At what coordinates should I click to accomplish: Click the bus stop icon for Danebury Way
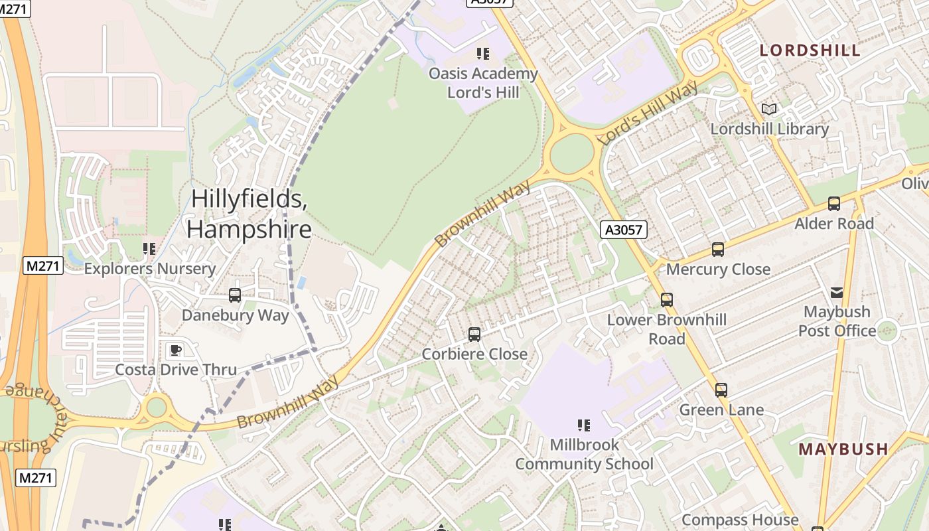coord(234,295)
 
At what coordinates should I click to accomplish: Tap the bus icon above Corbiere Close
coord(474,335)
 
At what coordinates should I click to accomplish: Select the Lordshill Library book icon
coord(769,109)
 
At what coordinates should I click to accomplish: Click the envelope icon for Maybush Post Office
coord(837,292)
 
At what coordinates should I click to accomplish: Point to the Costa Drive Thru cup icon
coord(176,350)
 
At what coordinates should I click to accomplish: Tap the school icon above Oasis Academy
coord(483,54)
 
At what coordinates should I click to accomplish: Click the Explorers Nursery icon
coord(149,249)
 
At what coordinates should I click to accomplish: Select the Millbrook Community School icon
coord(584,425)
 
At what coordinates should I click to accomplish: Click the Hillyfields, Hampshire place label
coord(249,214)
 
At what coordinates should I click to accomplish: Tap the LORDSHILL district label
coord(810,50)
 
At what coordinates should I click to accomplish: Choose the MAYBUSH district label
coord(843,449)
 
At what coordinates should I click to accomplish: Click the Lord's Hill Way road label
coord(647,114)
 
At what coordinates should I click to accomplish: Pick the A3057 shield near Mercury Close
coord(623,230)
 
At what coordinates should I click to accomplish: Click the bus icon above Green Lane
coord(721,390)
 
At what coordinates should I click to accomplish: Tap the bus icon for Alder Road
coord(834,204)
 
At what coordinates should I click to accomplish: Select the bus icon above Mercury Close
coord(718,250)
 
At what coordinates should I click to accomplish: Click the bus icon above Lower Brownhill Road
coord(667,300)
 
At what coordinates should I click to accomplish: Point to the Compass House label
coord(740,520)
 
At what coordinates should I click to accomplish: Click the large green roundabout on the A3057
coord(572,154)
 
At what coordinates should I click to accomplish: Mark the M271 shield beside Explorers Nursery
coord(43,265)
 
